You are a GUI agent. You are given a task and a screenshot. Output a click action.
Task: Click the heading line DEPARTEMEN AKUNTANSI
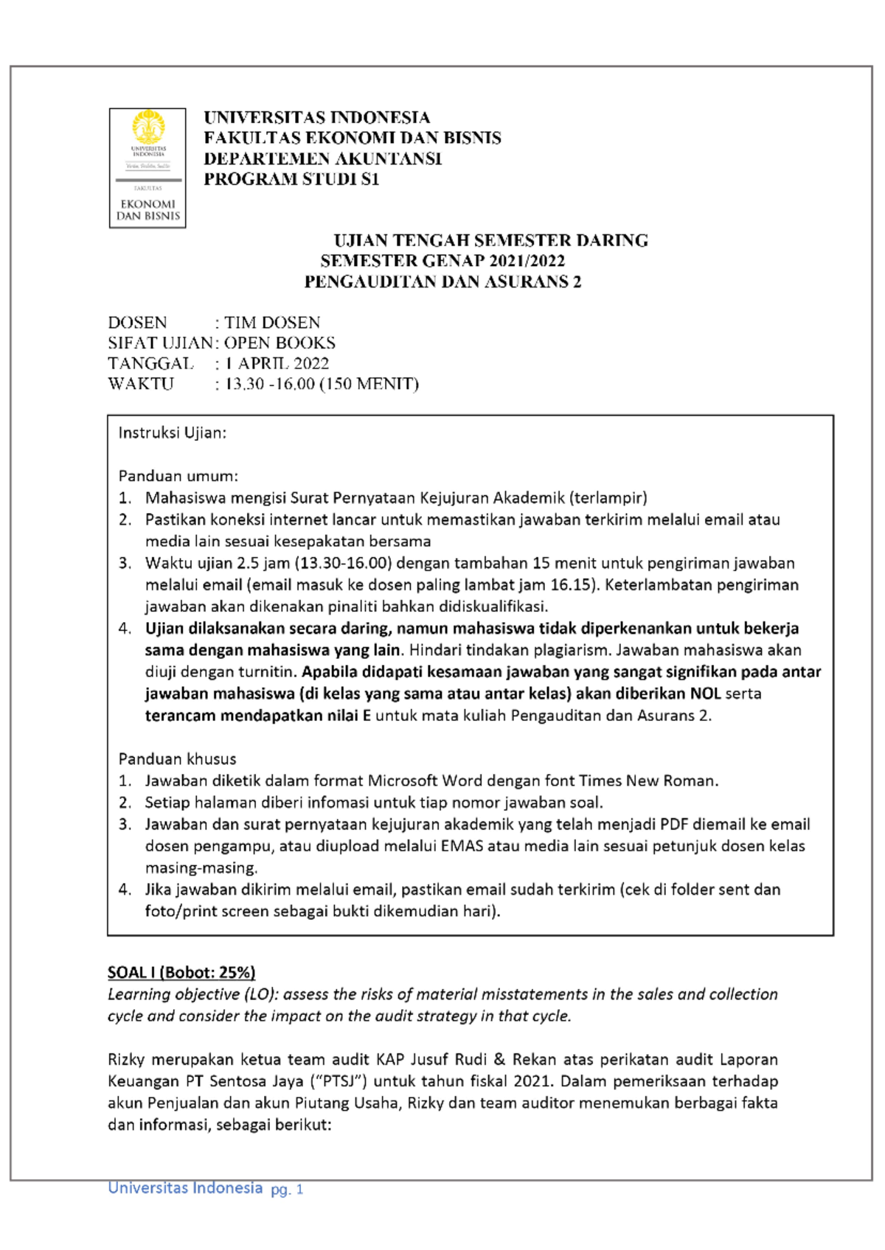(x=322, y=158)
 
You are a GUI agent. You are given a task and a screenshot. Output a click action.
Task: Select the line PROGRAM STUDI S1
(x=291, y=179)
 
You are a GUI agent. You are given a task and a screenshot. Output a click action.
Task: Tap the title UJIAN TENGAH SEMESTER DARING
(x=490, y=240)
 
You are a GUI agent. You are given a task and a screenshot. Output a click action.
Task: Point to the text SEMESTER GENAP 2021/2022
(x=442, y=261)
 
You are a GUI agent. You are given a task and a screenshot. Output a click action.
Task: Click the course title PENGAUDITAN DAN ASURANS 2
(x=442, y=282)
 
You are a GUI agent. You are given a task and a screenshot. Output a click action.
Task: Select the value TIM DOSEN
(x=272, y=323)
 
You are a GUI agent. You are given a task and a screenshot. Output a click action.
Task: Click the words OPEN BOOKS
(x=280, y=343)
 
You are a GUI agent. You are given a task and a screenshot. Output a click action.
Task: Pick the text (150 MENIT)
(x=369, y=384)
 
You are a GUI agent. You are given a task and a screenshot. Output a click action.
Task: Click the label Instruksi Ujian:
(x=172, y=433)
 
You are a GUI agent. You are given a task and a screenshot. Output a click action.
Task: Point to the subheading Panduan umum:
(x=178, y=476)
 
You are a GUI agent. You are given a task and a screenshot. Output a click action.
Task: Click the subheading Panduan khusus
(x=177, y=759)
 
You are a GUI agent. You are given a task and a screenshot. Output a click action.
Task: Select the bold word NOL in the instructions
(x=705, y=694)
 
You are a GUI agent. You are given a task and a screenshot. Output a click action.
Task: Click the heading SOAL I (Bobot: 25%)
(x=181, y=972)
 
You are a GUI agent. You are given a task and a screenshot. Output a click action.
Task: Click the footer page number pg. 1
(x=287, y=1189)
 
